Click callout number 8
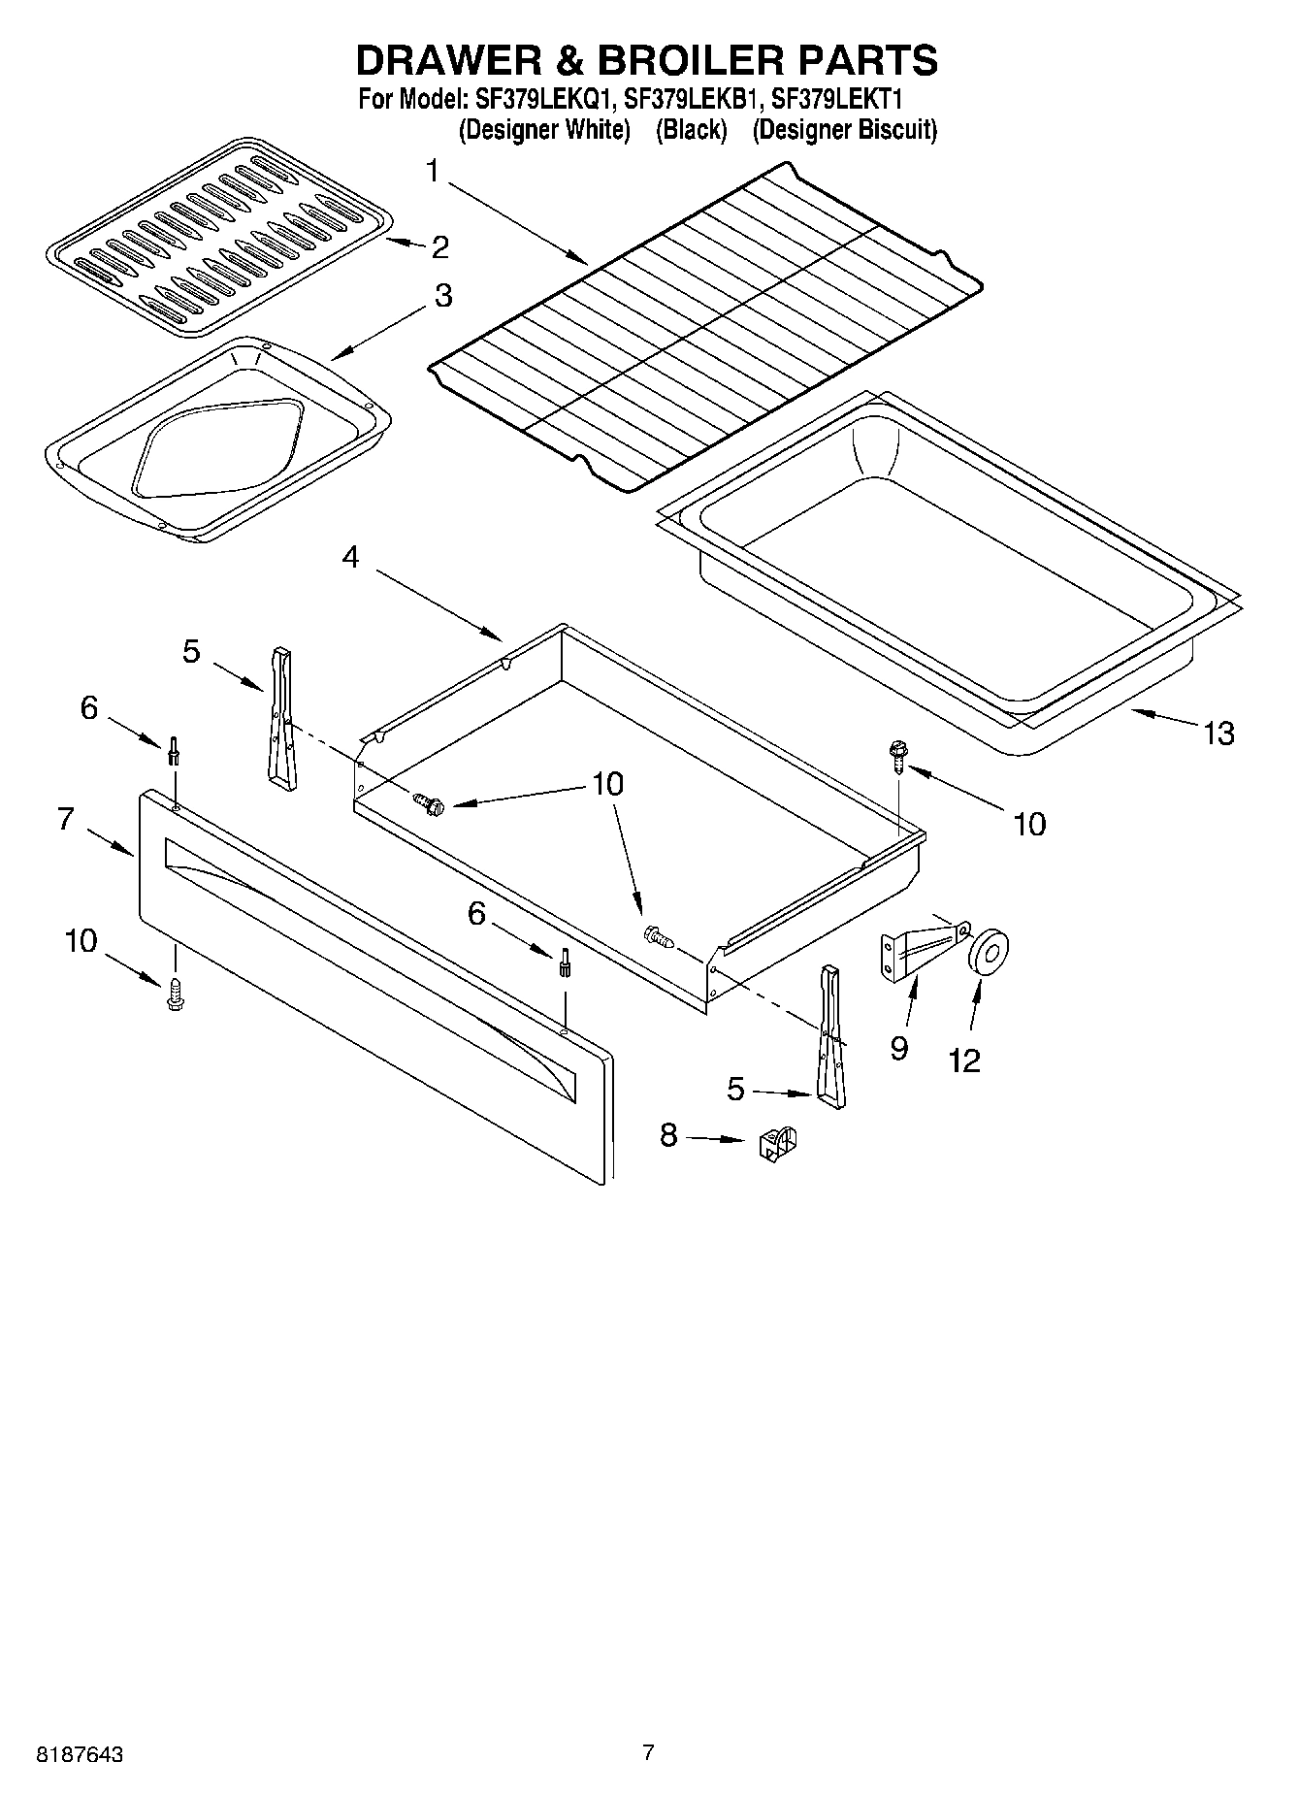(668, 1134)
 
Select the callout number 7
(65, 819)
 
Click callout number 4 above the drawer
(350, 557)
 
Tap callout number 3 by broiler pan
(441, 295)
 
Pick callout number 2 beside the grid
(439, 246)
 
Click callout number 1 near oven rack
(432, 172)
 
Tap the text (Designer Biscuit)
(844, 130)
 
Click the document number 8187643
(80, 1755)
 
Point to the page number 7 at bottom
(648, 1751)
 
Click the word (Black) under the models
(691, 130)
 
